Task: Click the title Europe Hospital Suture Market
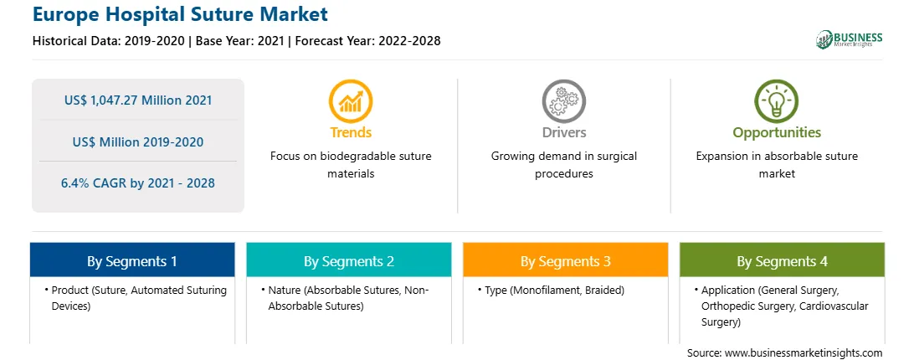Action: coord(180,14)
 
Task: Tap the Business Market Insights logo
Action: coord(850,39)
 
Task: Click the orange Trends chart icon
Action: coord(351,101)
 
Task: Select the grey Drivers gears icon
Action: coord(563,101)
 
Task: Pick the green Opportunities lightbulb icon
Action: coord(777,101)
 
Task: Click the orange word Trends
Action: coord(351,132)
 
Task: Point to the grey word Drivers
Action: coord(564,132)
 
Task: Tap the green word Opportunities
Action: coord(777,132)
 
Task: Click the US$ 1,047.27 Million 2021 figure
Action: coord(138,100)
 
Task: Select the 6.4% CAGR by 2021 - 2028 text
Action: coord(138,183)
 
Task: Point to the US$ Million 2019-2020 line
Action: coord(138,141)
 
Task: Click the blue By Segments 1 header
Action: coord(132,260)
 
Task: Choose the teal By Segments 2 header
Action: coord(348,260)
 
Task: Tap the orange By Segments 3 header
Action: coord(566,260)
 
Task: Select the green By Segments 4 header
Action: coord(783,260)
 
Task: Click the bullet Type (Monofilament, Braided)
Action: coord(551,290)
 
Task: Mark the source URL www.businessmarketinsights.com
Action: coord(803,352)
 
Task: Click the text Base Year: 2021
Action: coord(240,41)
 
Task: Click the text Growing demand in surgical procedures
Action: coord(563,165)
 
